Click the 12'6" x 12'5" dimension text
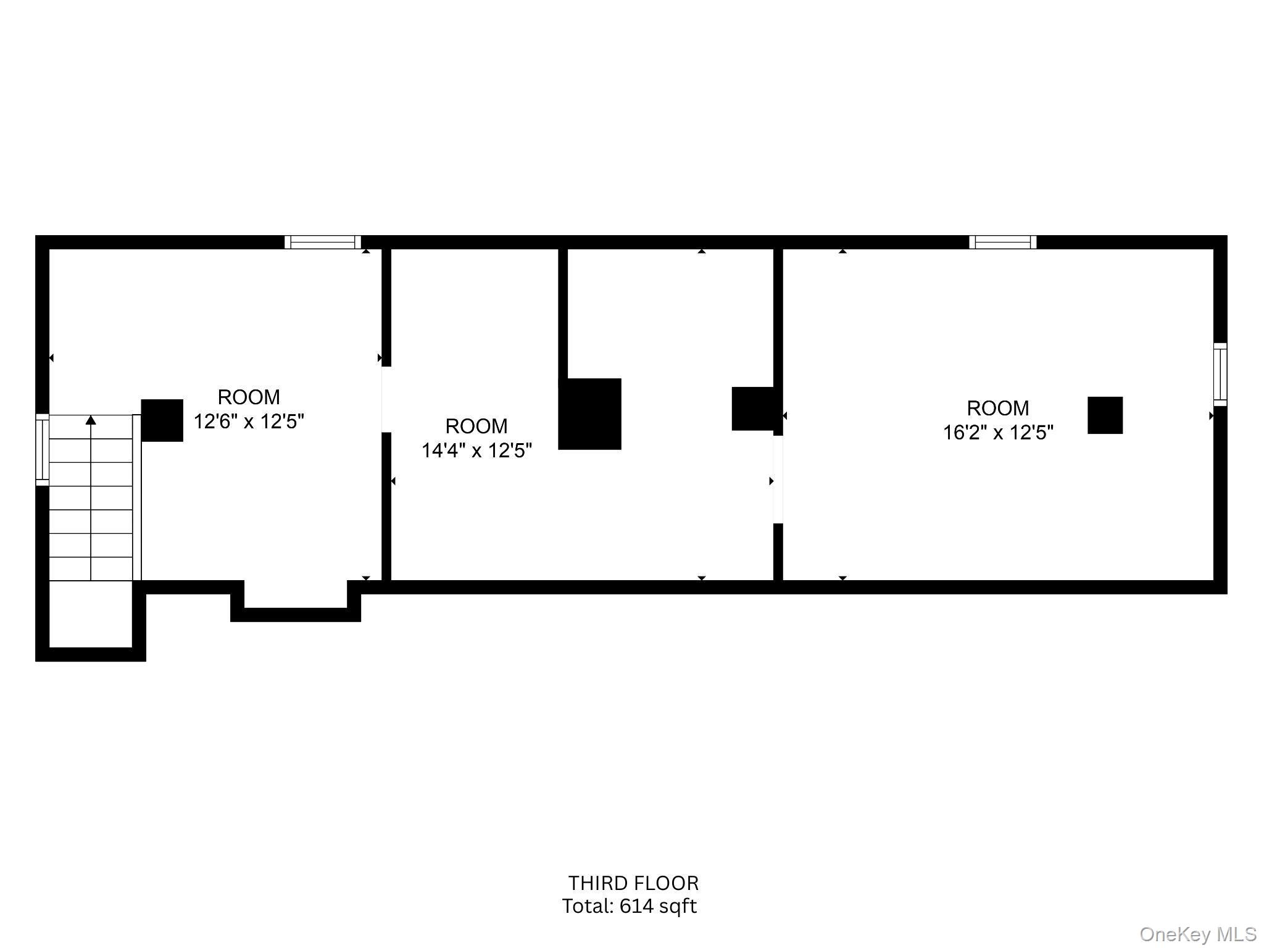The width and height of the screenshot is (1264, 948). (249, 422)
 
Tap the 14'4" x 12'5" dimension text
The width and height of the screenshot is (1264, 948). (476, 451)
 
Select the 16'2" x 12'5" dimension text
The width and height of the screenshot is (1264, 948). (997, 432)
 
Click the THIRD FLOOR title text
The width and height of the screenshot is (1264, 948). (633, 883)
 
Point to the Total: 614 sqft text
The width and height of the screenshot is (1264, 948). (629, 906)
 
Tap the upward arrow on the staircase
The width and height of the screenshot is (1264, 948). (91, 420)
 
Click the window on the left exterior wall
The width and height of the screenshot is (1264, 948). (42, 449)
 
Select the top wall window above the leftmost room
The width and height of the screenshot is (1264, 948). (322, 242)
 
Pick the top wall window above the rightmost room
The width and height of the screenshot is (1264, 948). (1002, 242)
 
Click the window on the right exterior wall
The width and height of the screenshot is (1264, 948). (1220, 374)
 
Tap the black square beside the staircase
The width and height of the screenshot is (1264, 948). (162, 420)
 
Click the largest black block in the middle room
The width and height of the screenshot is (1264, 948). (589, 414)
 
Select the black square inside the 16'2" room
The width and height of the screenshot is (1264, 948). (1105, 415)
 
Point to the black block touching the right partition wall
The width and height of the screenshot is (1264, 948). (752, 409)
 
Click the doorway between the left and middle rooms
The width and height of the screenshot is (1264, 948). (386, 399)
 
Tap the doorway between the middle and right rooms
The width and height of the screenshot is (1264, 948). (778, 480)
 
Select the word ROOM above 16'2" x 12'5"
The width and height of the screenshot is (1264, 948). (997, 408)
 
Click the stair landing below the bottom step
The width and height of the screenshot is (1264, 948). (91, 613)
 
